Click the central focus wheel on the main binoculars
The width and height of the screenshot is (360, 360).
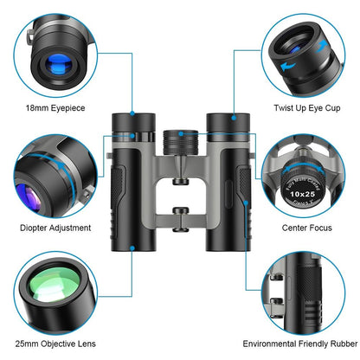[x=180, y=139]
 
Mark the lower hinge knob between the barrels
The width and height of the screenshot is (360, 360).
[x=180, y=212]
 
